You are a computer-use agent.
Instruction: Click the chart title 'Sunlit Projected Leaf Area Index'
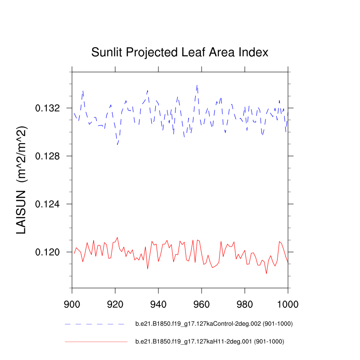[x=180, y=53]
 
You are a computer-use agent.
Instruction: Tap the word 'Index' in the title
[x=255, y=53]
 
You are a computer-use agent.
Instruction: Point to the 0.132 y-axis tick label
[x=48, y=108]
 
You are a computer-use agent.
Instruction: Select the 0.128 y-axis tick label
[x=48, y=156]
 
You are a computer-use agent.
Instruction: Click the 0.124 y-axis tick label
[x=48, y=204]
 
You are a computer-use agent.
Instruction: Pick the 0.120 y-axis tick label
[x=48, y=252]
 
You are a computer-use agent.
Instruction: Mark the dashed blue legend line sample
[x=94, y=324]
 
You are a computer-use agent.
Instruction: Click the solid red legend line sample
[x=96, y=342]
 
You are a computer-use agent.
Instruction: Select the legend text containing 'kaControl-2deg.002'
[x=211, y=324]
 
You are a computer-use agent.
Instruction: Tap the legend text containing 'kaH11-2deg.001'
[x=210, y=342]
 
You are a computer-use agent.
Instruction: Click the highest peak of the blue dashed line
[x=197, y=85]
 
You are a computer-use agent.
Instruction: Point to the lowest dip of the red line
[x=266, y=273]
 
